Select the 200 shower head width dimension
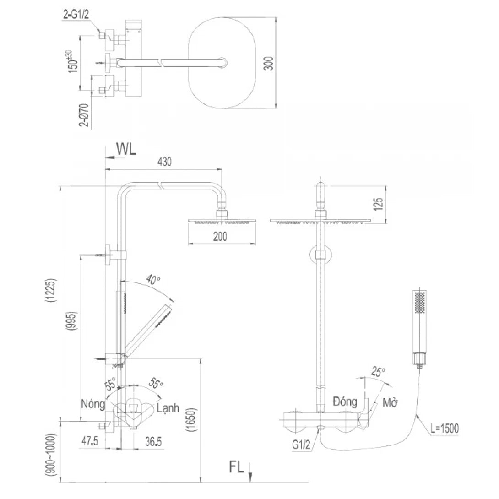pos(221,237)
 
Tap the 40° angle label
pos(153,279)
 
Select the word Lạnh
pos(168,408)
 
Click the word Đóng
pos(345,402)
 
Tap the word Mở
pos(389,403)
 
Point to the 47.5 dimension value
pos(90,442)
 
